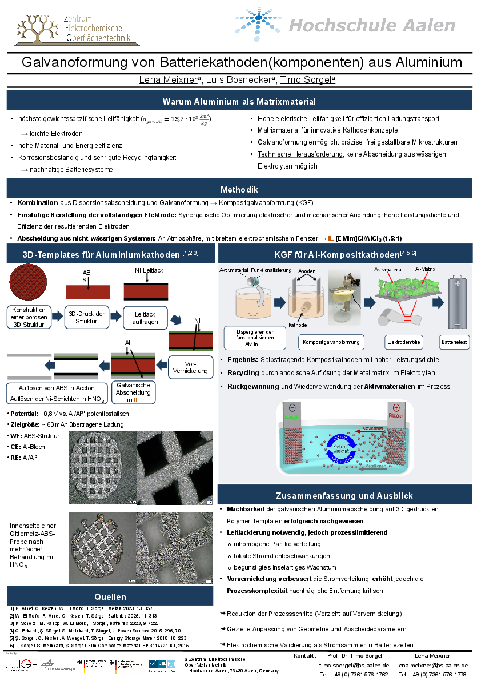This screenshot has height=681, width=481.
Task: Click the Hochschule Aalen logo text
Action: point(372,26)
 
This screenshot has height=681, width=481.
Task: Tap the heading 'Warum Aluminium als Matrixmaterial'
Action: point(239,102)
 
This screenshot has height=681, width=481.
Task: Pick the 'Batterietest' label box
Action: point(455,342)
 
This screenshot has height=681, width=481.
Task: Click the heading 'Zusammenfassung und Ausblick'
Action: point(344,495)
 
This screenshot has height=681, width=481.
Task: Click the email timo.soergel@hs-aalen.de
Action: point(354,666)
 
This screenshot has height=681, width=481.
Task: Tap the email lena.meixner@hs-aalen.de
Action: point(432,666)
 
